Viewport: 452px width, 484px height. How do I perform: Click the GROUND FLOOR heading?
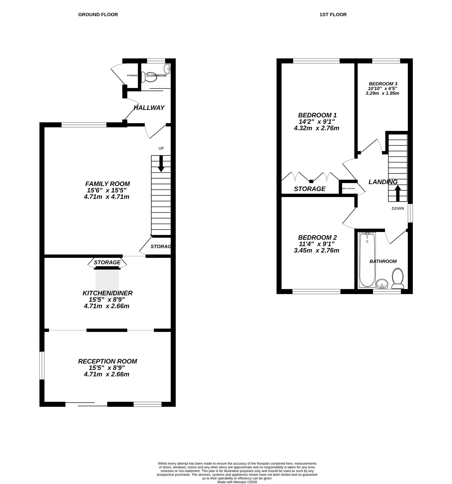pos(98,15)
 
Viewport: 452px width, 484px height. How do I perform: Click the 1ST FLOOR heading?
pos(333,15)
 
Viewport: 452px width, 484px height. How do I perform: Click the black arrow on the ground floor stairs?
pos(161,164)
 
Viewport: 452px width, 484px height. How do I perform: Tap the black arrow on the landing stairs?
pos(398,193)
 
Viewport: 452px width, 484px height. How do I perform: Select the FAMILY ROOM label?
pos(107,184)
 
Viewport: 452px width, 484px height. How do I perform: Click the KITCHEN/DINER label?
pos(107,293)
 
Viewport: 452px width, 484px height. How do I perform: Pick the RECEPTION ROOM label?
pos(107,361)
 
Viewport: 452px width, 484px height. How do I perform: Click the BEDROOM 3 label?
pos(383,84)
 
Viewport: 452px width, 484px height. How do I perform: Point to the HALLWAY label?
pos(149,108)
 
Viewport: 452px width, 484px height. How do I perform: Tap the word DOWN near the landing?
pos(398,208)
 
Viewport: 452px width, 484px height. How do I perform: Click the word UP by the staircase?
pos(161,149)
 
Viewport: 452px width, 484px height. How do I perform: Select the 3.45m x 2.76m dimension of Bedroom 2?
pos(316,250)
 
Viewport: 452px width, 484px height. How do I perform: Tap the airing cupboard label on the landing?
pos(348,188)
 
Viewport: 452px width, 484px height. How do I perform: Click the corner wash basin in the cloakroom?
pos(168,68)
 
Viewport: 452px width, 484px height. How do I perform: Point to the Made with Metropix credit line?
pos(237,482)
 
